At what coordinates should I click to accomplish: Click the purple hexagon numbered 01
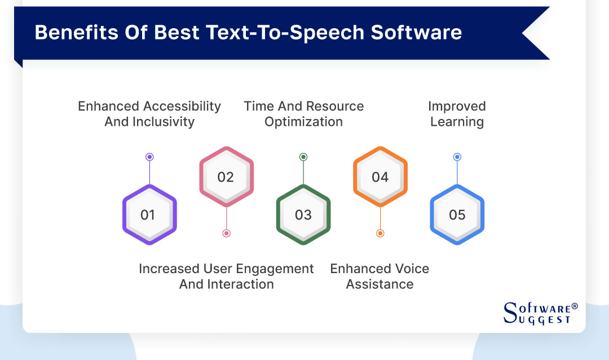pos(149,214)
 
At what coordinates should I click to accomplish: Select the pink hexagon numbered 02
pos(226,177)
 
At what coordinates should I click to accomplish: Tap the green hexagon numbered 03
pos(303,214)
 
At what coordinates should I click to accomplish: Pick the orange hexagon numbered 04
pos(380,177)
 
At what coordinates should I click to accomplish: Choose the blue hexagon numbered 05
pos(457,214)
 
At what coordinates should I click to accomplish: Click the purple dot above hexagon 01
pos(149,157)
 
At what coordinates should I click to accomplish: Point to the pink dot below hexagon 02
pos(226,233)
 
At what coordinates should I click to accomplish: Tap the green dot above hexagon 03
pos(303,157)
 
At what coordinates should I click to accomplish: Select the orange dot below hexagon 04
pos(380,233)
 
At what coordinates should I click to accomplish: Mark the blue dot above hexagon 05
pos(457,157)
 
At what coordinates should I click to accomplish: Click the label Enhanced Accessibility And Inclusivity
pos(149,113)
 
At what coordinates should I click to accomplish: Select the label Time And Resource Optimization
pos(303,113)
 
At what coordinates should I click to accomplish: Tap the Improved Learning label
pos(457,113)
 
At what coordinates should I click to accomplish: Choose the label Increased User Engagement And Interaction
pos(226,276)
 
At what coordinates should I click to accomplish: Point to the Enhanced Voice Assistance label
pos(379,276)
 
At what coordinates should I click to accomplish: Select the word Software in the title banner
pos(416,33)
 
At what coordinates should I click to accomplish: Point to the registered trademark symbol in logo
pos(575,306)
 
